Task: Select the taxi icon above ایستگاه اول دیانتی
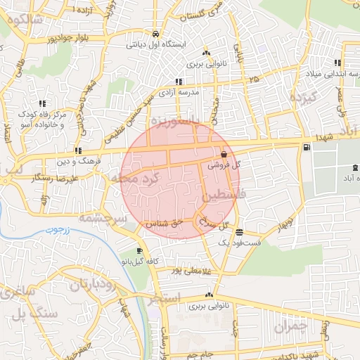155,34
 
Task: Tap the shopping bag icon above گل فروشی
224,154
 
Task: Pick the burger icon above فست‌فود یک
240,232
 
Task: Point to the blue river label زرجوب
50,231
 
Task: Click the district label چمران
291,326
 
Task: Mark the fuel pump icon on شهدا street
306,147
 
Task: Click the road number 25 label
253,80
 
